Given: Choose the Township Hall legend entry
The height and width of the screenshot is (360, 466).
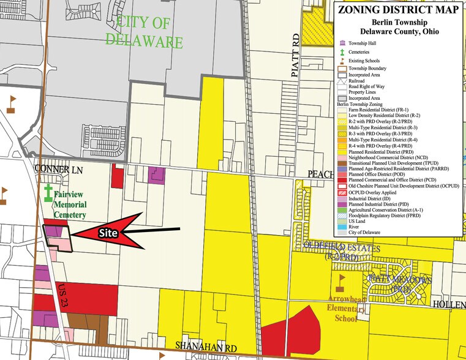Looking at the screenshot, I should point(363,44).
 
